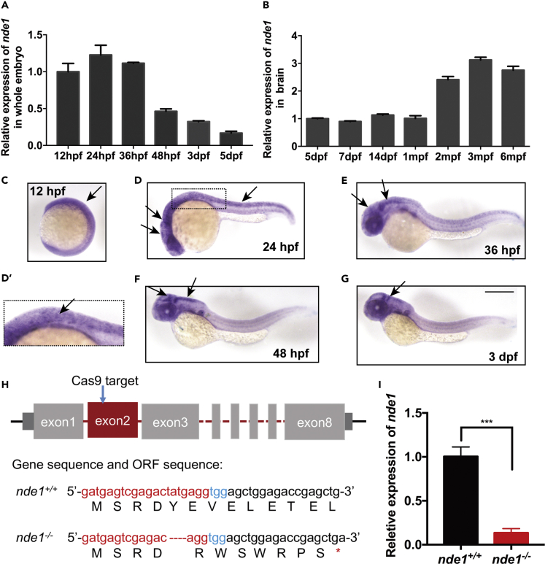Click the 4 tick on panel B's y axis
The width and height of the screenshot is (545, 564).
pyautogui.click(x=295, y=35)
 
